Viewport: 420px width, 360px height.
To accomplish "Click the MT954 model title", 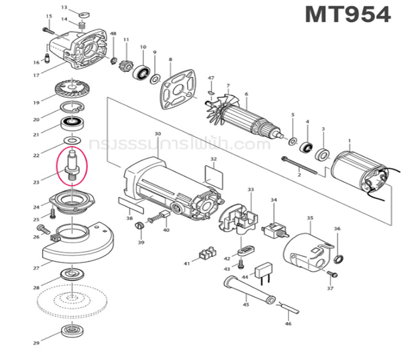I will click(347, 14).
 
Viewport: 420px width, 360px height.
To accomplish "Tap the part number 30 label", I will click(158, 133).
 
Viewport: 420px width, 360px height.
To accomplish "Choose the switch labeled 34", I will click(277, 227).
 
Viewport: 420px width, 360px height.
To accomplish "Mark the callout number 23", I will click(36, 182).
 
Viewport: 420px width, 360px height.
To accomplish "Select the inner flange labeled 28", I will click(73, 275).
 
